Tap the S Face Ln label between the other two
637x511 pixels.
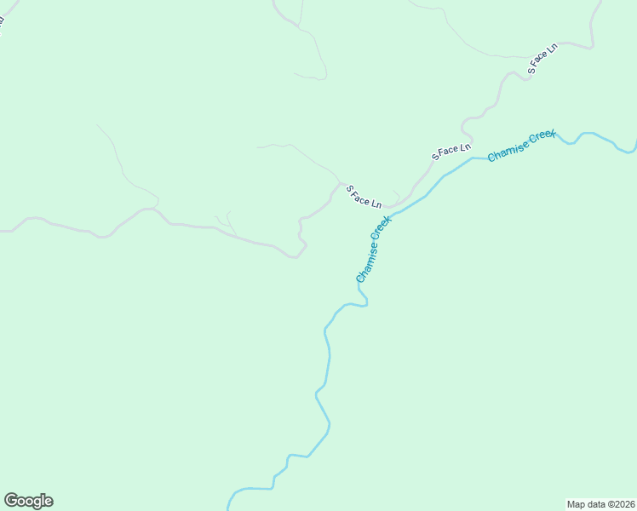[x=451, y=152]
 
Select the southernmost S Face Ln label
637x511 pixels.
[x=364, y=197]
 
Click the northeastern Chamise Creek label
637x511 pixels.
[x=521, y=146]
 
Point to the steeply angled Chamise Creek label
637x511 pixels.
[x=374, y=249]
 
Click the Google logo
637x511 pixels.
[x=28, y=501]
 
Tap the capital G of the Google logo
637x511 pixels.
[x=10, y=500]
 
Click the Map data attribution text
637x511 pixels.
[x=601, y=503]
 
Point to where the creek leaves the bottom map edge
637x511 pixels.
[x=228, y=508]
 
